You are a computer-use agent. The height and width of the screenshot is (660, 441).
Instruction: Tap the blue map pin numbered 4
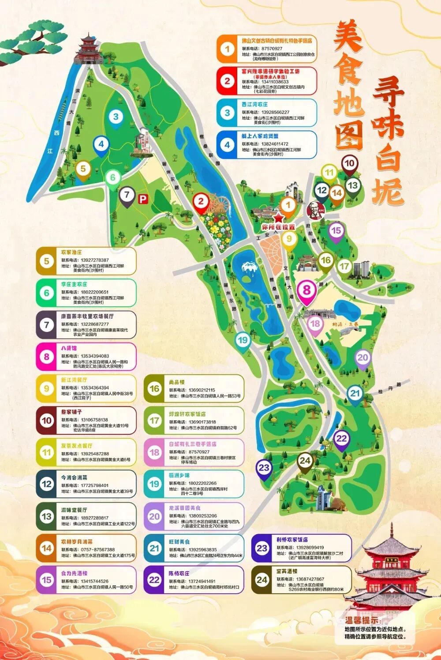[101, 144]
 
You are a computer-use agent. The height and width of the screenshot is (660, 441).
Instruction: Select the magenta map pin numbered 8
[306, 290]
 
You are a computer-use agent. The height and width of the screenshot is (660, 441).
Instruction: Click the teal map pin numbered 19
[243, 340]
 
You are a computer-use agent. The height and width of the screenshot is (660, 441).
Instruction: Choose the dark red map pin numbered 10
[349, 163]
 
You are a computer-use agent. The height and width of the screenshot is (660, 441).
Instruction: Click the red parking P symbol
[142, 200]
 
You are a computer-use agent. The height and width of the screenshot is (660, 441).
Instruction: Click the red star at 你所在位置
[278, 217]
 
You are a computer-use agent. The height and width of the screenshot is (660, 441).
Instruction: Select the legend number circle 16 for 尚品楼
[154, 389]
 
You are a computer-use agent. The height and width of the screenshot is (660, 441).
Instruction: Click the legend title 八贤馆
[69, 348]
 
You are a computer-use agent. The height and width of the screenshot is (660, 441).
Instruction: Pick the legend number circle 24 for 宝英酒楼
[262, 580]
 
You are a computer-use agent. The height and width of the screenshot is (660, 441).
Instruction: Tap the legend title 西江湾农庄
[254, 104]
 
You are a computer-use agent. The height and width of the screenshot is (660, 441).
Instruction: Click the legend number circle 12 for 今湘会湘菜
[47, 484]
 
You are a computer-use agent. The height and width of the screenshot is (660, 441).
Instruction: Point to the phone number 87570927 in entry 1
[272, 49]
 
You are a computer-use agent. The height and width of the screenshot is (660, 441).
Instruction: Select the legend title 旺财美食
[179, 542]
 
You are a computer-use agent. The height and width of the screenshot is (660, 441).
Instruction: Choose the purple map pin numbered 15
[336, 230]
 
